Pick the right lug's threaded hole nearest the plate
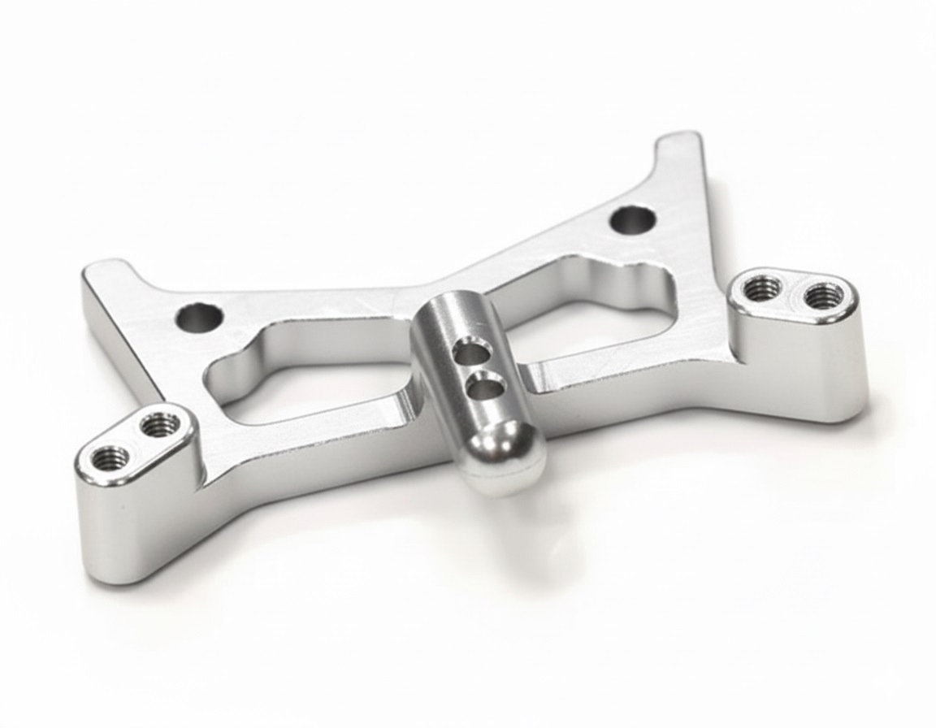(x=763, y=287)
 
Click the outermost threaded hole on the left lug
(x=110, y=458)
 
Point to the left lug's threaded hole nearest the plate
(x=159, y=423)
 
